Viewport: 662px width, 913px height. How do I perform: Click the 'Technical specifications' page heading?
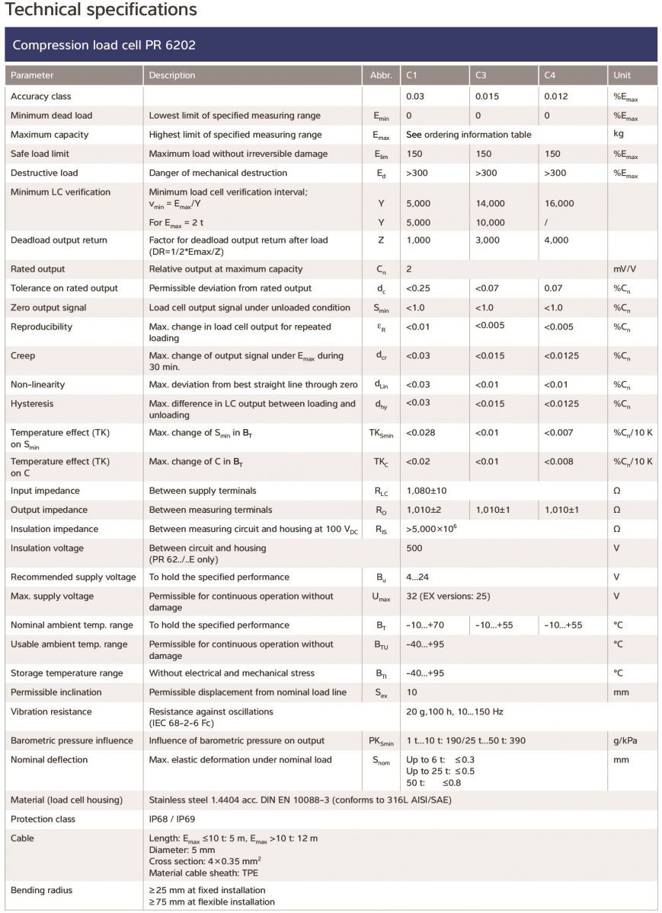tap(101, 10)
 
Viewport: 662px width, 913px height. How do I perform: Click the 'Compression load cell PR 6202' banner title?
tap(104, 45)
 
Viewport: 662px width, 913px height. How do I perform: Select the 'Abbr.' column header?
tap(380, 75)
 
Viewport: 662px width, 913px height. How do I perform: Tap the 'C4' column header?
tap(550, 75)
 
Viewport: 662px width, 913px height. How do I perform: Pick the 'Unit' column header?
tap(622, 75)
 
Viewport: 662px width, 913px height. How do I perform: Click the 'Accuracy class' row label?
tap(40, 97)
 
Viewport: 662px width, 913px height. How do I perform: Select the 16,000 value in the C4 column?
tap(560, 203)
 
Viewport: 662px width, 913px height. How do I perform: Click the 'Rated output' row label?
tap(37, 269)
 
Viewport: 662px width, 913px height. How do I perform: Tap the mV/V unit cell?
tap(625, 269)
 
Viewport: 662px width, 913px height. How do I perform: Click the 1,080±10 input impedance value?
tap(427, 491)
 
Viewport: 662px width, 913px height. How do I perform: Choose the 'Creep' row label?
tap(23, 355)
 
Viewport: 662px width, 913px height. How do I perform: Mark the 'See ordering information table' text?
tap(469, 135)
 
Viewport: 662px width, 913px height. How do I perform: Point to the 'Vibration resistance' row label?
tap(51, 711)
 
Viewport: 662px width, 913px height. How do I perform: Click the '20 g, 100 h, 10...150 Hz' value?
tap(454, 711)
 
